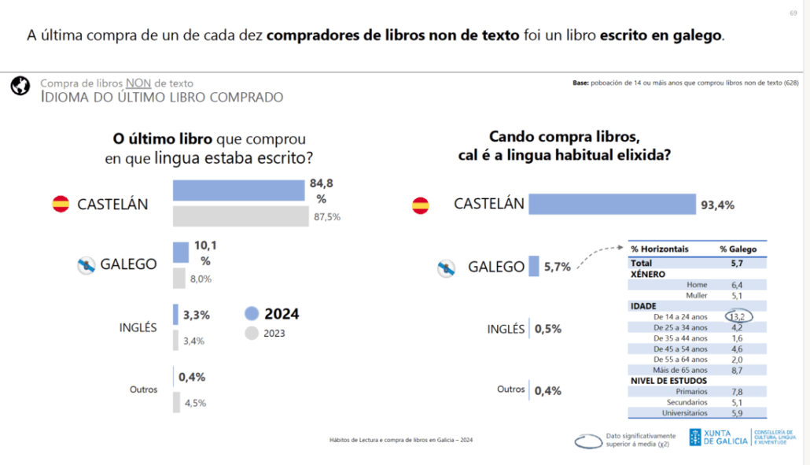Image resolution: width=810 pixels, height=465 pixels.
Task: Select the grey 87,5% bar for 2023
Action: pos(241,216)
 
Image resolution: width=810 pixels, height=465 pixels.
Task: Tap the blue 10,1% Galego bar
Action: pos(181,252)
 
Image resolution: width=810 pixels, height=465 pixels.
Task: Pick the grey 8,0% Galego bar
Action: pos(179,278)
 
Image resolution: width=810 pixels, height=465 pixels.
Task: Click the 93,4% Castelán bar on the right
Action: pos(612,205)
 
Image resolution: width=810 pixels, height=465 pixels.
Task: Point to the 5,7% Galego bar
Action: pos(534,266)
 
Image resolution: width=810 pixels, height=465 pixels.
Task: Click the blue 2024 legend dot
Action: pos(252,313)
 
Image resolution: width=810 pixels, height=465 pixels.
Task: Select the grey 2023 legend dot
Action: pos(252,333)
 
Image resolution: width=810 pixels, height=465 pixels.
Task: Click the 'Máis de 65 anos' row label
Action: pos(680,370)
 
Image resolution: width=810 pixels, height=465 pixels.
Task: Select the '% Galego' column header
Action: pos(738,249)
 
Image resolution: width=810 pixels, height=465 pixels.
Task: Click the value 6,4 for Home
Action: pos(737,285)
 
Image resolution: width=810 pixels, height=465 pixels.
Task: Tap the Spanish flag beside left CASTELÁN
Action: pos(61,204)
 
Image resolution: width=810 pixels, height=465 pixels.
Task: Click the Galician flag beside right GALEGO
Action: pos(447,268)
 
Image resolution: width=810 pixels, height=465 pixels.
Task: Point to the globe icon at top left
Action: pos(20,87)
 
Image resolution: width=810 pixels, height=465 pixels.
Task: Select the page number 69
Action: pos(793,13)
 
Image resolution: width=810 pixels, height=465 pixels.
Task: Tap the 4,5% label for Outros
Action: pos(194,403)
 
